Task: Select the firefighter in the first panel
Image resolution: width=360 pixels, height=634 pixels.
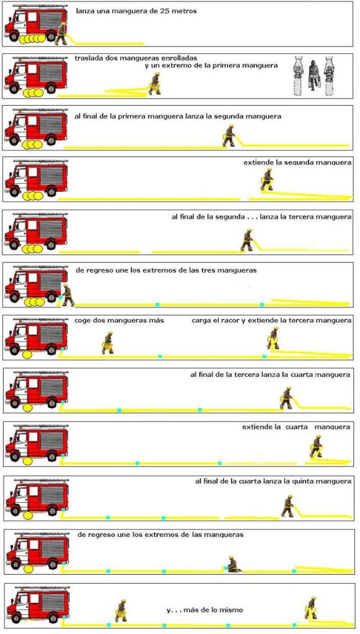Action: tap(61, 33)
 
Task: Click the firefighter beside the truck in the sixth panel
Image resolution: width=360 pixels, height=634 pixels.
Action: tap(68, 295)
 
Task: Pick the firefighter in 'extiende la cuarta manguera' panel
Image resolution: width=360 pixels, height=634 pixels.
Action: tap(317, 446)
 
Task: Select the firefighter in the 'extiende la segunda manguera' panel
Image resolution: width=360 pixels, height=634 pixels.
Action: tap(267, 180)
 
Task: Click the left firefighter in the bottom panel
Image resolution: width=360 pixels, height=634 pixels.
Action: tap(121, 610)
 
